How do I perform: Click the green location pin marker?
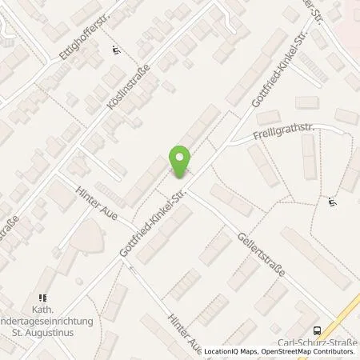pyautogui.click(x=180, y=162)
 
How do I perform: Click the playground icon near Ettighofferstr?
pyautogui.click(x=118, y=50)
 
